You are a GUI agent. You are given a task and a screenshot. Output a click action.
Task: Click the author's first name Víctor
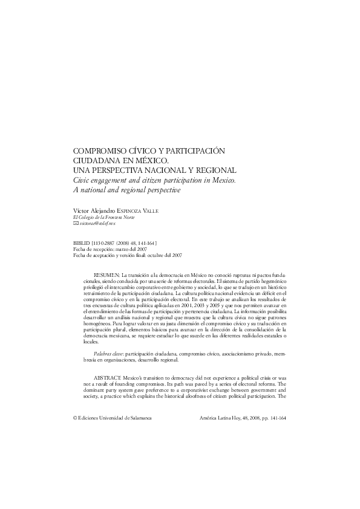[80, 210]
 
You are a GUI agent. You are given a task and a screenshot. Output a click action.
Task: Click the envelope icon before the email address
[75, 224]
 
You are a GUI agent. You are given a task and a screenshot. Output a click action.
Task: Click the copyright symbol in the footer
[75, 418]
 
